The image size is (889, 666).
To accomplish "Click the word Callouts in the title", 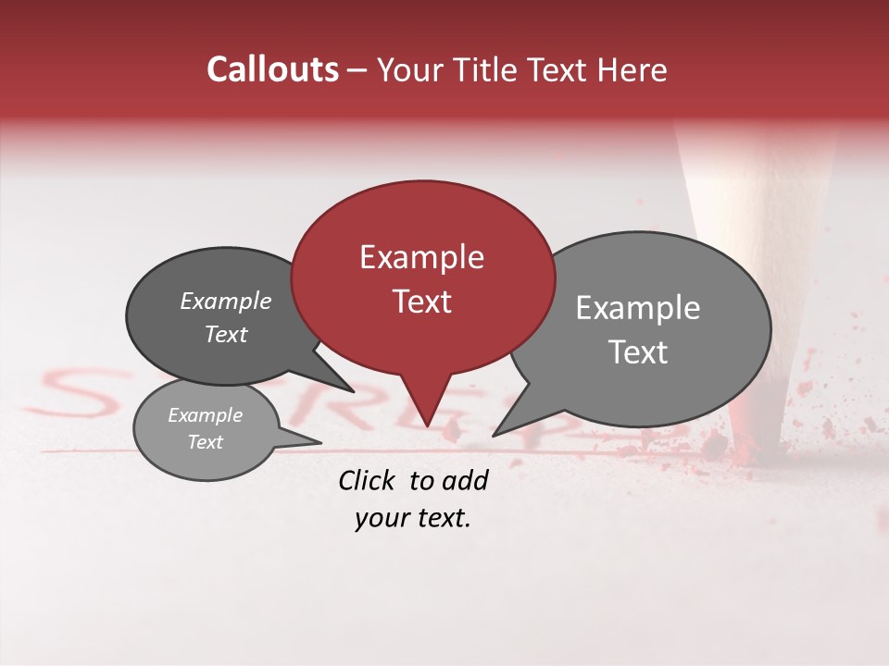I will [272, 69].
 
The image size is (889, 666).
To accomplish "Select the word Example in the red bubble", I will [421, 257].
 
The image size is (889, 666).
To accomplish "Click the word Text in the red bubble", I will [421, 302].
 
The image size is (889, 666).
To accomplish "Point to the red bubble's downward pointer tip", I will [426, 426].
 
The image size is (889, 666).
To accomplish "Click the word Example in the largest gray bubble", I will [637, 308].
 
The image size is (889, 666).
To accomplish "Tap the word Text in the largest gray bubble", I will [638, 352].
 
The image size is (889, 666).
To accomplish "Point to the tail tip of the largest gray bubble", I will [494, 435].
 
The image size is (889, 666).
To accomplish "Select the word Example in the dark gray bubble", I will [226, 302].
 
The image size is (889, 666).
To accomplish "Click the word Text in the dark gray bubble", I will [226, 335].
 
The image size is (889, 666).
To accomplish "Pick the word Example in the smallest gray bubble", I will [205, 415].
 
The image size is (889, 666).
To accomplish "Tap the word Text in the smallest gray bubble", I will [205, 442].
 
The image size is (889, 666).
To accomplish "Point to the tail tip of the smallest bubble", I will [321, 442].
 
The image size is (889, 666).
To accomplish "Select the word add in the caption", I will [465, 480].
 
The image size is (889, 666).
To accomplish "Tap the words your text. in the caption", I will [412, 519].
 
